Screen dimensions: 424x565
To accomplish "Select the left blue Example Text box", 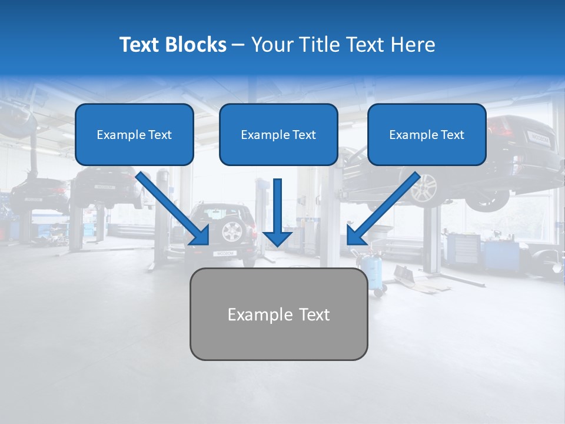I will coord(134,135).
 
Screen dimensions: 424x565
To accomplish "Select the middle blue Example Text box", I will coord(278,135).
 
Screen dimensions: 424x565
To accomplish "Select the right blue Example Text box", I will coord(427,135).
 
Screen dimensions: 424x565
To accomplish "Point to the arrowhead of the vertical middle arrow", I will coord(277,238).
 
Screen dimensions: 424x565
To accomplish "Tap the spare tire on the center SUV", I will coord(231,231).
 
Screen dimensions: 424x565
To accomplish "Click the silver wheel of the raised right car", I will coord(424,188).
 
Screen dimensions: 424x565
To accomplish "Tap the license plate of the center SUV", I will coord(224,253).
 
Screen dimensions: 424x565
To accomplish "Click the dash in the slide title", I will coord(238,45).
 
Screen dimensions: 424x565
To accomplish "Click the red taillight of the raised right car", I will coord(499,128).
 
